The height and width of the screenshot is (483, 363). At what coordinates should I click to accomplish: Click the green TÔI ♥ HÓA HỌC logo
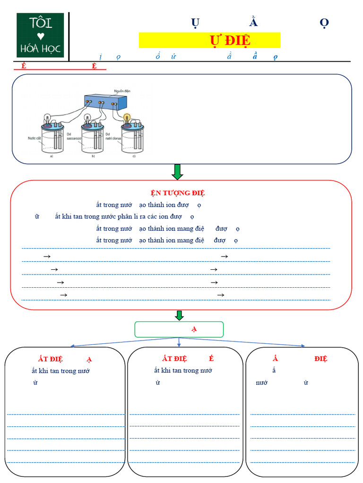click(40, 35)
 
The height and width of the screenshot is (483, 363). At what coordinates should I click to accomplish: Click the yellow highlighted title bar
click(209, 40)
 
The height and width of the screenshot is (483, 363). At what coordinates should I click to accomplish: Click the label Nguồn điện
click(122, 91)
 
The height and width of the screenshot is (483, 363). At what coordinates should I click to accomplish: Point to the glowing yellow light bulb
click(127, 117)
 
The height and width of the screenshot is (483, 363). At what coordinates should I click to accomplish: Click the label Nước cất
click(35, 139)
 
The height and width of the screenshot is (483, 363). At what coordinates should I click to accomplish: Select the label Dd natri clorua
click(113, 137)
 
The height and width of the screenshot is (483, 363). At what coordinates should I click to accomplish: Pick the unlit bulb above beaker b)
click(87, 118)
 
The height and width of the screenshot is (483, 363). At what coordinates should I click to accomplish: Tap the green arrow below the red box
click(179, 315)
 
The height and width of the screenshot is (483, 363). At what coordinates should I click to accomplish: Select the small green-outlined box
click(179, 329)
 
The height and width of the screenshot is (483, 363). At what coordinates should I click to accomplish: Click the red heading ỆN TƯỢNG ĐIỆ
click(178, 193)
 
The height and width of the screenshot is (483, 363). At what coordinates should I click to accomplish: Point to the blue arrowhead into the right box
click(302, 346)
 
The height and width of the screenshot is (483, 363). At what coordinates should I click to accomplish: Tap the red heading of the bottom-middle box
click(185, 358)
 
